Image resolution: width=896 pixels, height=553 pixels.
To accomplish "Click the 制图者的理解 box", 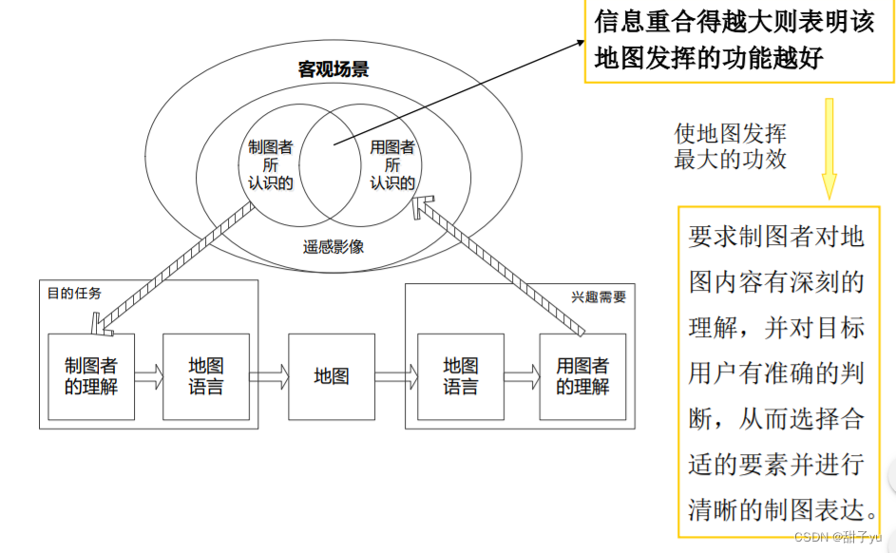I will pos(91,376).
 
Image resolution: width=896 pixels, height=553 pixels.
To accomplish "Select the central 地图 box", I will pos(332,376).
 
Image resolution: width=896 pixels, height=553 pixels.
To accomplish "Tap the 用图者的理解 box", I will pos(582,376).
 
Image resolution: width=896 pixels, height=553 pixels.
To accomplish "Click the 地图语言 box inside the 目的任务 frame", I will pos(206,376).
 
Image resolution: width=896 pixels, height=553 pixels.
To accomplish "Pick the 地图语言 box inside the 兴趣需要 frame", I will pos(461,376).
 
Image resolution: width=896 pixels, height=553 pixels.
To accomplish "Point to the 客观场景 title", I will pos(333,69).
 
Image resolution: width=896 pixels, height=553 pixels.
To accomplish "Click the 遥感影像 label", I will pos(334,247).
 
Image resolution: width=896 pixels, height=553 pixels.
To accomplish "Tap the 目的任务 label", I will pos(74,293).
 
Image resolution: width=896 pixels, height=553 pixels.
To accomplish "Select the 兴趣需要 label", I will pos(599,296).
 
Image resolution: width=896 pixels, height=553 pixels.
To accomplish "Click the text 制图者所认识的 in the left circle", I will pos(270,164).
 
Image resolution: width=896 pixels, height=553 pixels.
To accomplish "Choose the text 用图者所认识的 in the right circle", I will pos(392,164).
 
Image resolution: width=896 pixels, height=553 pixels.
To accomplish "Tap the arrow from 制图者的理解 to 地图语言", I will pos(148,377).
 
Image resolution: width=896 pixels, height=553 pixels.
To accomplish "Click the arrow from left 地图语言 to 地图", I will pos(269,377).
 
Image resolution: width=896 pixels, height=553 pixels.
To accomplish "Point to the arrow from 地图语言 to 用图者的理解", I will pos(521,377).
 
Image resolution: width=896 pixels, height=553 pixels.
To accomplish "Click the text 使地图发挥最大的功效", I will pos(730,145).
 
